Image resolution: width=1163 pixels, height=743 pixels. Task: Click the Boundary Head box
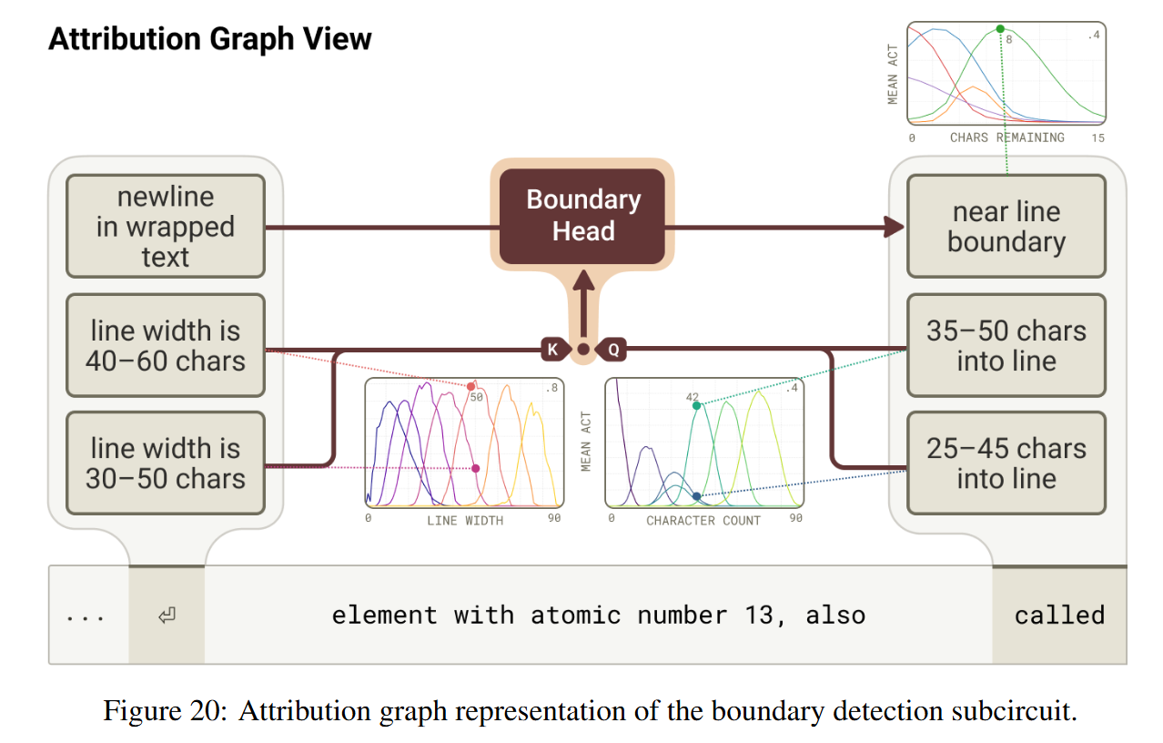point(582,216)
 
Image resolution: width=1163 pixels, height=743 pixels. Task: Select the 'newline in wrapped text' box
point(166,227)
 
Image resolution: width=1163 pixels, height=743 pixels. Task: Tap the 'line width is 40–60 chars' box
point(166,345)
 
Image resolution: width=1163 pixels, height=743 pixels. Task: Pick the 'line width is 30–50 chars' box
point(166,463)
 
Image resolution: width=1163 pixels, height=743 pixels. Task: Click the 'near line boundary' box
point(1006,227)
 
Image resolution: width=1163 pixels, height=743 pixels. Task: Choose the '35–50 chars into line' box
point(1006,345)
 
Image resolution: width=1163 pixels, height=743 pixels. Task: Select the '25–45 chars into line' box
point(1006,463)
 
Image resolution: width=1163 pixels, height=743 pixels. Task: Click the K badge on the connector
point(552,349)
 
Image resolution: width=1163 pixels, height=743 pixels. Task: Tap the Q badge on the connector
point(612,349)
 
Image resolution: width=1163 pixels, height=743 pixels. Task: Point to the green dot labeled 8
point(1000,29)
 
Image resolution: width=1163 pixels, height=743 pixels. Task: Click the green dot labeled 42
point(697,406)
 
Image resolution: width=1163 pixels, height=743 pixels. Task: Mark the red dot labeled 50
point(470,387)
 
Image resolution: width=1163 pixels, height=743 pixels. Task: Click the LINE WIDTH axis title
point(464,520)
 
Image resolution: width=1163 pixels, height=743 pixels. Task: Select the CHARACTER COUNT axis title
point(703,520)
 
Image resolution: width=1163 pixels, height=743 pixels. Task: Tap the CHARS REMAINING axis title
point(1006,137)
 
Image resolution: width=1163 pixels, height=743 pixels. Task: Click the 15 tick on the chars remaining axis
point(1097,137)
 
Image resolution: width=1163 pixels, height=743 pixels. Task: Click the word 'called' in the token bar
point(1059,616)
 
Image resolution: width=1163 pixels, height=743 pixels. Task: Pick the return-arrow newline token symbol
point(167,616)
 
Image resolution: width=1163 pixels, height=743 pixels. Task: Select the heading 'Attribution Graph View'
point(210,39)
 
